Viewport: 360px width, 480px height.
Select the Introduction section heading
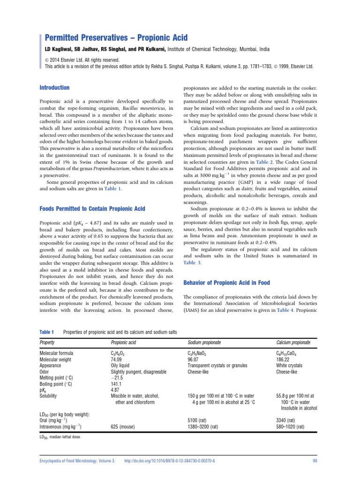[54, 88]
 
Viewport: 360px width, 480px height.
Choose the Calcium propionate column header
[296, 343]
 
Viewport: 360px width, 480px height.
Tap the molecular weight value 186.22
[283, 359]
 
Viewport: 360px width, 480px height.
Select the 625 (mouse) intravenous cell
[125, 427]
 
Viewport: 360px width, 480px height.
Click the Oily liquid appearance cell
[122, 365]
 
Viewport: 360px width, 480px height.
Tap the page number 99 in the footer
[315, 462]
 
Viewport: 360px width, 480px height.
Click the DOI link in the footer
[169, 462]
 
